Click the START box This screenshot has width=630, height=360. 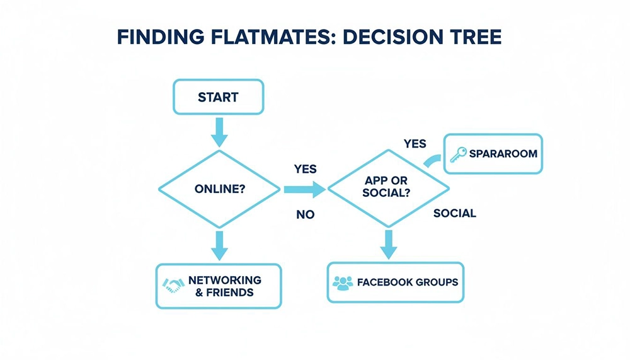[218, 97]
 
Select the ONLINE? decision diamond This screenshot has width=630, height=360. [218, 189]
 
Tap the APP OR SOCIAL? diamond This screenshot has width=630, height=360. [388, 187]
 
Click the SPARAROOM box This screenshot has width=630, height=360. [493, 153]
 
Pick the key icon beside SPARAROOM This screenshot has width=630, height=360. [458, 153]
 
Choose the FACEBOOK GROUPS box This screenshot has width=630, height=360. [396, 282]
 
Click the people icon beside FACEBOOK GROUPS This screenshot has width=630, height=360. [343, 282]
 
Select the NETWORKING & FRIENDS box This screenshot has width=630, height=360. [218, 286]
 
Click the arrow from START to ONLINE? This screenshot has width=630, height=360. [218, 132]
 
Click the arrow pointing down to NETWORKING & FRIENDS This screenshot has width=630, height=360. [219, 245]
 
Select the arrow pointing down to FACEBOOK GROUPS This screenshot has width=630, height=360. [388, 243]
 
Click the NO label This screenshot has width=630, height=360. [305, 214]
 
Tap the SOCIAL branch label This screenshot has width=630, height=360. [454, 213]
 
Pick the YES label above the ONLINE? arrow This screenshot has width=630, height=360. [305, 169]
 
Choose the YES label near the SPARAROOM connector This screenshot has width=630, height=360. [415, 144]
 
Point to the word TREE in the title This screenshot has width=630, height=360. [473, 37]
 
